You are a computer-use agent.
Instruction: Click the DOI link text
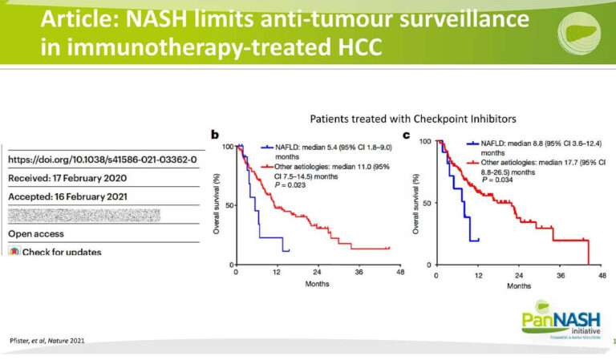tap(102, 160)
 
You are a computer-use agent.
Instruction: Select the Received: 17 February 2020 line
tap(67, 178)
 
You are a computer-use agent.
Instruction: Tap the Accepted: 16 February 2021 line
tap(67, 196)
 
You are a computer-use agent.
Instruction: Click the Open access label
tap(37, 234)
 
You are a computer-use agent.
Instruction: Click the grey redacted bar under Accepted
tap(83, 215)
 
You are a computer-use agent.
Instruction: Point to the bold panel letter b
tap(215, 136)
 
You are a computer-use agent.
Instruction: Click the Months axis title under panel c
tap(518, 285)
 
